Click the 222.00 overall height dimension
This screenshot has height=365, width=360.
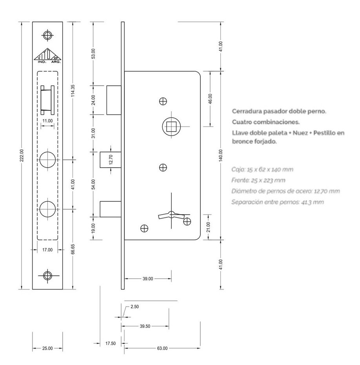click(22, 155)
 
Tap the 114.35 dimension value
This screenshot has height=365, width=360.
click(73, 90)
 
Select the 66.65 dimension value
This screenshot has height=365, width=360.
click(73, 249)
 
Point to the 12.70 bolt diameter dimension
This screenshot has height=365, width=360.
click(111, 159)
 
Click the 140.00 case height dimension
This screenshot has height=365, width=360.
click(221, 155)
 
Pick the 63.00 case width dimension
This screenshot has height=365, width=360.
click(162, 348)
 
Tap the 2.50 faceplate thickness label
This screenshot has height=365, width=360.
click(135, 307)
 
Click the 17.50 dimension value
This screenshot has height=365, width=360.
click(111, 343)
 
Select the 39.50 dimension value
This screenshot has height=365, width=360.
click(145, 326)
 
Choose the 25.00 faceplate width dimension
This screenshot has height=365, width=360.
click(47, 348)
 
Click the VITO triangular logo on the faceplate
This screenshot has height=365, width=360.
click(47, 56)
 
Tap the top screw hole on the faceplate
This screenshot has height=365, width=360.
click(47, 36)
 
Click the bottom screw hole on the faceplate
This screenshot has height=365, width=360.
click(47, 276)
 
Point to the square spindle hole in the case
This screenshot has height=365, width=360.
click(172, 126)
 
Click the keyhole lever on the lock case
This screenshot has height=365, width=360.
click(171, 215)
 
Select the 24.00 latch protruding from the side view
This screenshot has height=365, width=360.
click(114, 100)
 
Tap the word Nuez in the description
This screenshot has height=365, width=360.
click(300, 133)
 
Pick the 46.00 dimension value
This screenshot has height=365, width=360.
click(210, 99)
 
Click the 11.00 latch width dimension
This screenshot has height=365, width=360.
click(47, 121)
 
